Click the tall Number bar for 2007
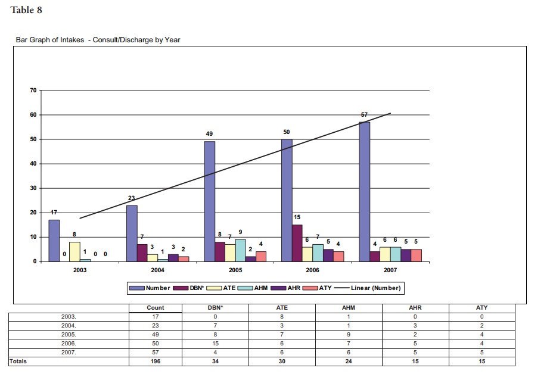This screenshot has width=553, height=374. pos(364,191)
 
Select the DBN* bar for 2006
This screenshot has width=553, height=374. pos(297,243)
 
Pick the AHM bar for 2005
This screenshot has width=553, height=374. pos(240,250)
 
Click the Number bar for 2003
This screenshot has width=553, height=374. pos(54,241)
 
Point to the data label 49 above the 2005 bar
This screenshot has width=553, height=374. pos(209,134)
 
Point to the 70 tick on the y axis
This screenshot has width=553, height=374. pos(33,91)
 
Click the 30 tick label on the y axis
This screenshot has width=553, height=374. pos(33,188)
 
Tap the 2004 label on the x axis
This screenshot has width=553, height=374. pos(157,270)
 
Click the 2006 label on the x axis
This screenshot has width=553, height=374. pos(312,270)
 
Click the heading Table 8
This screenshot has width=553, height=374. pos(26,10)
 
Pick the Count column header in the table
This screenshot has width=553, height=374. pos(155,308)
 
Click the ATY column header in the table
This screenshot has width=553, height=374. pos(482,308)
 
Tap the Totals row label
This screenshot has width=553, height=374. pos(18,361)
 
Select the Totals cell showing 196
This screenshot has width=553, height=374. pos(155,361)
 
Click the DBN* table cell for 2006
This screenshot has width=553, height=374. pos(215,344)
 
